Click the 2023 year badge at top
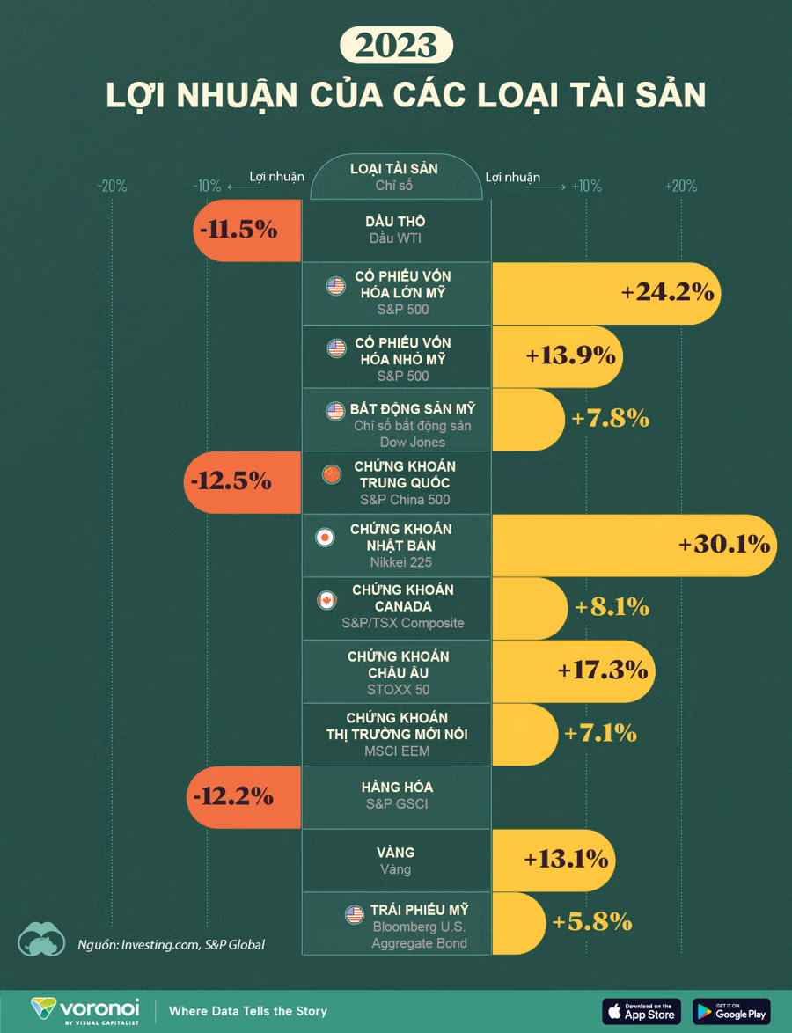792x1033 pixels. [x=396, y=46]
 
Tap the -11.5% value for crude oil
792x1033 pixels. [x=238, y=231]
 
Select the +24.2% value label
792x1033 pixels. [x=666, y=293]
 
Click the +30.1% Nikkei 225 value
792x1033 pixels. [x=724, y=545]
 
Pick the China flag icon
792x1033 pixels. [x=332, y=474]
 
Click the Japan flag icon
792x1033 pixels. [x=326, y=537]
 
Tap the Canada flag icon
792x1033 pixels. [x=326, y=600]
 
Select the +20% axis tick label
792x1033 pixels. [x=680, y=187]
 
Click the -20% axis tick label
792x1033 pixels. [x=112, y=187]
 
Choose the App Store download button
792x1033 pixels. [x=641, y=1011]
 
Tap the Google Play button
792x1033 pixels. [x=731, y=1011]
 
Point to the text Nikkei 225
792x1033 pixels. [x=400, y=562]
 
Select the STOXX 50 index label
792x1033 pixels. [x=398, y=690]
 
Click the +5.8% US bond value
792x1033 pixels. [x=591, y=922]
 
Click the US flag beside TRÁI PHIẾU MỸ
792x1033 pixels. [x=355, y=915]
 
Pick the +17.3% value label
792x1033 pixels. [x=603, y=670]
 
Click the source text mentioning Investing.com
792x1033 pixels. [x=171, y=944]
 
